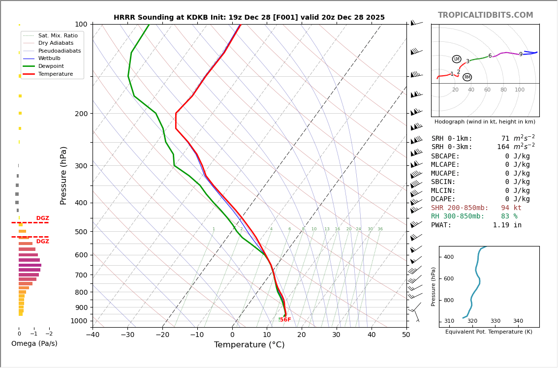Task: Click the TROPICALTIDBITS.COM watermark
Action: [485, 15]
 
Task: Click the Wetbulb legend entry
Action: [49, 58]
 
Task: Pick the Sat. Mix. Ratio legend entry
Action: [58, 35]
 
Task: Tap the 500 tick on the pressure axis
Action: [81, 232]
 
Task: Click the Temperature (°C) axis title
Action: [249, 345]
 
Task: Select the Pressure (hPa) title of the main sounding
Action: [63, 175]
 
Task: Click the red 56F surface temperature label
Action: [285, 320]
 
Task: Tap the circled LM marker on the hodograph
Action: [457, 59]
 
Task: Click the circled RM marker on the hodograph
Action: [467, 77]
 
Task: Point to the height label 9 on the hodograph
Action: [521, 55]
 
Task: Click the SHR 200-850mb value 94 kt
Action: [511, 208]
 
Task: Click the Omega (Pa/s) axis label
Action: [34, 343]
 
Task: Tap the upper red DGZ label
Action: [42, 218]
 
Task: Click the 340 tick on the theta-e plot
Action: [518, 321]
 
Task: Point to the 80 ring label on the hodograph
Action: [503, 90]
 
